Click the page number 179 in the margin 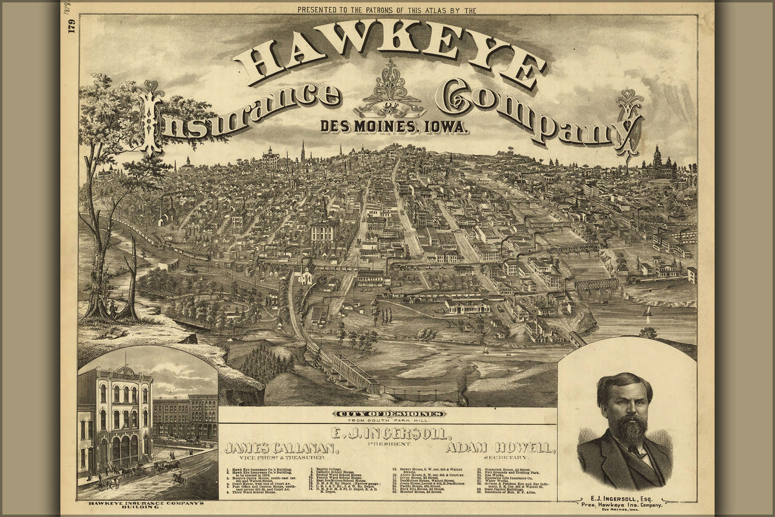72,34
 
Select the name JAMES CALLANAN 282,448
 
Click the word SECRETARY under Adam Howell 506,458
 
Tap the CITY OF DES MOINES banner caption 389,414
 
